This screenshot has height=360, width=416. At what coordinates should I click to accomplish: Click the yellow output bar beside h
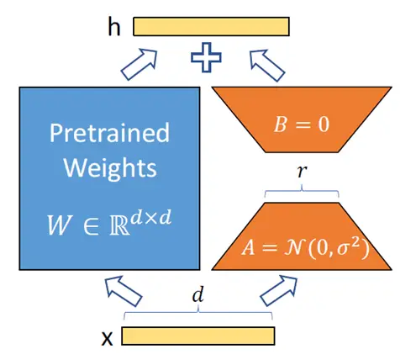coord(211,27)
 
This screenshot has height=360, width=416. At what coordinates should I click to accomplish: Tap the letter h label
coord(114,27)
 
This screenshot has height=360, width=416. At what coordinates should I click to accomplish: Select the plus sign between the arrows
coord(206,57)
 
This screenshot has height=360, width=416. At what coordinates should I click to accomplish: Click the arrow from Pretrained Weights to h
coord(140,64)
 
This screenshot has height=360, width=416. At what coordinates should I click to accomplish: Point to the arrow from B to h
coord(267,66)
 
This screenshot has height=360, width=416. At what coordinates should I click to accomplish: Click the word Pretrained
coord(109,133)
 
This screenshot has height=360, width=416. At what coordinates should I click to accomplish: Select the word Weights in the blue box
coord(110,167)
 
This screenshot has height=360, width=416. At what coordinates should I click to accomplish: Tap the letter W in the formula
coord(58,225)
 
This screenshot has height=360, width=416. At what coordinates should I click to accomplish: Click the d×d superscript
coord(151,218)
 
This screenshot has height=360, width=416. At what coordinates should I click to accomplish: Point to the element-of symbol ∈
coord(92,226)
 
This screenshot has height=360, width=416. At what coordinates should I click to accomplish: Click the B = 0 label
coord(302,124)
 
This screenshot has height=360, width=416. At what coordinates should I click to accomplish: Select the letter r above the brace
coord(302,171)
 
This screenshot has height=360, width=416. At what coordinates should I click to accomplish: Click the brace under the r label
coord(302,192)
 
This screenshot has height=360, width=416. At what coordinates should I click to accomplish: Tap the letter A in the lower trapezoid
coord(249,247)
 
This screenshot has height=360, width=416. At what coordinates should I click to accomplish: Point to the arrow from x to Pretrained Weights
coord(123,291)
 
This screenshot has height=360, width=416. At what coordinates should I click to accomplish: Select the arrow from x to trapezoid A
coord(279,290)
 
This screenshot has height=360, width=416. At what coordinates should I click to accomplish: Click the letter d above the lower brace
coord(198,294)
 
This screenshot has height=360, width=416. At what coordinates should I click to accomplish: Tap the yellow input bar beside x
coord(198,336)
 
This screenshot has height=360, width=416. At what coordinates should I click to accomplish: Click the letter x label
coord(107,338)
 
